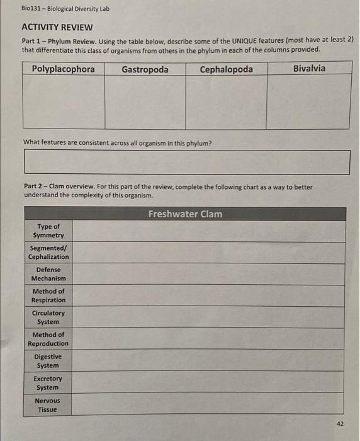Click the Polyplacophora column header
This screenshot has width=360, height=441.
pyautogui.click(x=64, y=69)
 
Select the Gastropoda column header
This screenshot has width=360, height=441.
pyautogui.click(x=145, y=69)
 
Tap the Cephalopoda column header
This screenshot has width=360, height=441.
pyautogui.click(x=226, y=69)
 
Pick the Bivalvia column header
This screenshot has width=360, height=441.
pyautogui.click(x=309, y=68)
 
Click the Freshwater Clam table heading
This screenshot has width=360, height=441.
pyautogui.click(x=185, y=214)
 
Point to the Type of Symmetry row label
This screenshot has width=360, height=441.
pyautogui.click(x=48, y=231)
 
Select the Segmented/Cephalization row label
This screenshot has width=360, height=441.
pyautogui.click(x=48, y=253)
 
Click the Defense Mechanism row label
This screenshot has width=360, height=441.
pyautogui.click(x=48, y=274)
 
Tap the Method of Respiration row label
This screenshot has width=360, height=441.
pyautogui.click(x=48, y=295)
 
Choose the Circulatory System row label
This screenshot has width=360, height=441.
pyautogui.click(x=48, y=318)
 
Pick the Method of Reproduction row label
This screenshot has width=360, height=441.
pyautogui.click(x=48, y=339)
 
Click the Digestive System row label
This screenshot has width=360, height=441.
pyautogui.click(x=48, y=361)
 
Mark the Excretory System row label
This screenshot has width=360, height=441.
pyautogui.click(x=48, y=383)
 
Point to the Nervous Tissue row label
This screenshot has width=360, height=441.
pyautogui.click(x=48, y=405)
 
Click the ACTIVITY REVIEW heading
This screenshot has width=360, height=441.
pyautogui.click(x=57, y=27)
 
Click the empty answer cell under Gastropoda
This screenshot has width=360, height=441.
pyautogui.click(x=145, y=101)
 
